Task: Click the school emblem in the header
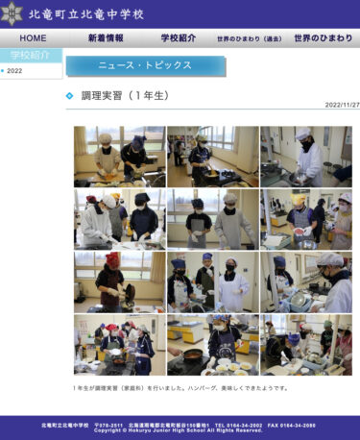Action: (x=13, y=13)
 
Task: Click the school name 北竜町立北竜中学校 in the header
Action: (x=87, y=14)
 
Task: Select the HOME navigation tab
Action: (x=33, y=38)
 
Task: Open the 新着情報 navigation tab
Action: (x=106, y=38)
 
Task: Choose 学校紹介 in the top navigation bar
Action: (x=179, y=38)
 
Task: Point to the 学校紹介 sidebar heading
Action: (x=31, y=55)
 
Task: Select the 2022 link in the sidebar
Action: (x=14, y=71)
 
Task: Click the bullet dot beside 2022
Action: (x=3, y=71)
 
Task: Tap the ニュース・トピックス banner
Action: (x=144, y=65)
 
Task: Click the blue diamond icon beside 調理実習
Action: (x=70, y=96)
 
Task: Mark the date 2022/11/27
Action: (x=342, y=105)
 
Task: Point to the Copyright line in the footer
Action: (x=179, y=430)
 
